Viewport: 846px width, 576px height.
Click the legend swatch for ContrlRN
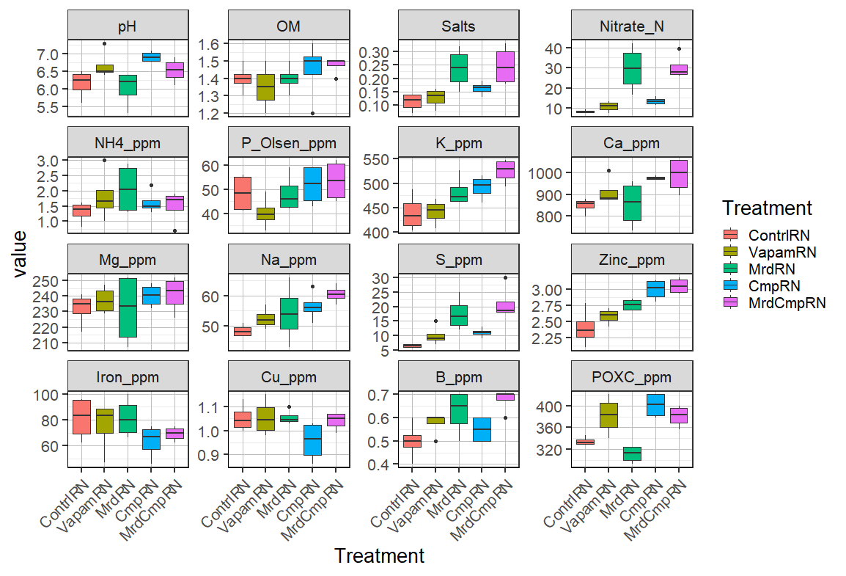click(x=730, y=235)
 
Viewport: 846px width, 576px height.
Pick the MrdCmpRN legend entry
click(x=786, y=303)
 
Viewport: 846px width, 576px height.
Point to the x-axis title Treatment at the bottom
click(x=379, y=556)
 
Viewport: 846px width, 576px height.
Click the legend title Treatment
click(x=766, y=208)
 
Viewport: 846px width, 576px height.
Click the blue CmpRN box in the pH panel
click(x=151, y=56)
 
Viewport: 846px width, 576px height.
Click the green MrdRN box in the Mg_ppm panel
click(x=128, y=307)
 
